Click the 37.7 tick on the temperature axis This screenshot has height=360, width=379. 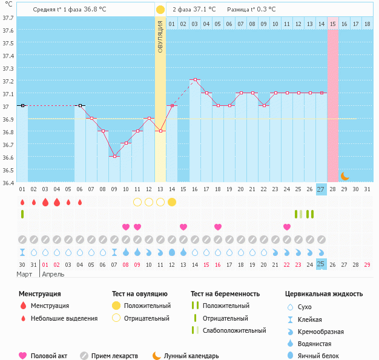(8, 18)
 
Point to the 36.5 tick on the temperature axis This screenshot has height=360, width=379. (8, 170)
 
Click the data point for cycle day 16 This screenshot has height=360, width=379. (195, 80)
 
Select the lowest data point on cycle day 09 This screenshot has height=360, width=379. (114, 156)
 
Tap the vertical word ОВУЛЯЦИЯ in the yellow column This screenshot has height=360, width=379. (160, 36)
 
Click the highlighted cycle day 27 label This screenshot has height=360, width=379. (321, 189)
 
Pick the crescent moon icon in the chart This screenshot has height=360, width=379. (344, 176)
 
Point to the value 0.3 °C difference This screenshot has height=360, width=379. (265, 10)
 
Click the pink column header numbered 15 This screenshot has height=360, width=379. (333, 24)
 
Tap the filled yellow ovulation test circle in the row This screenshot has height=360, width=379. (172, 202)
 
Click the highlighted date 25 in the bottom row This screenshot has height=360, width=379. (321, 264)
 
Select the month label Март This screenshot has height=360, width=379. (25, 274)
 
